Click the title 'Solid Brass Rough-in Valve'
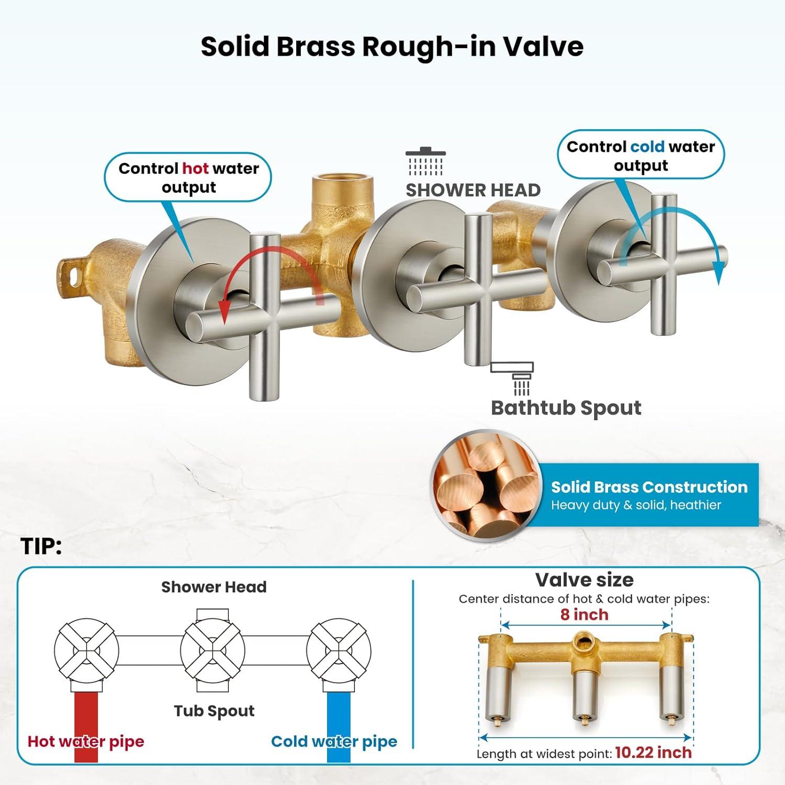[x=392, y=46]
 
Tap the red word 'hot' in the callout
[x=195, y=169]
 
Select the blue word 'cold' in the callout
[x=647, y=147]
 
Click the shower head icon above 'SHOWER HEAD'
[x=425, y=162]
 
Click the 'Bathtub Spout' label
[x=566, y=408]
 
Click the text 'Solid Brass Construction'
[x=649, y=487]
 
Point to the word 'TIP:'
[x=41, y=547]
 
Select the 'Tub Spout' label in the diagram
[x=214, y=711]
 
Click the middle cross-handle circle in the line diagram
[x=212, y=651]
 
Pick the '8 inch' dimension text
[x=585, y=614]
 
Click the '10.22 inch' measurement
[x=653, y=753]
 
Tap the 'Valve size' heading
[x=585, y=580]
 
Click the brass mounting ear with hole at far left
[x=71, y=273]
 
